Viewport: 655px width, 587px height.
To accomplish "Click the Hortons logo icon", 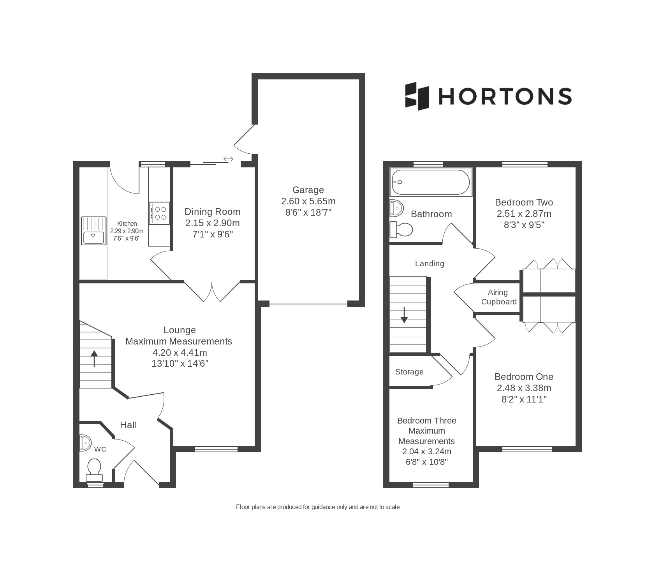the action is coord(417,96).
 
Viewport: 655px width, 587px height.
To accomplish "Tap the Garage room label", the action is coord(308,190).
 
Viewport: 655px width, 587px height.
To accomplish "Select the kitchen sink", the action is coord(93,230).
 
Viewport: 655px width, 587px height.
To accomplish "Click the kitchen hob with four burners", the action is coord(159,213).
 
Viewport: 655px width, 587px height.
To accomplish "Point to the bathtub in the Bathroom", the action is coord(431,182).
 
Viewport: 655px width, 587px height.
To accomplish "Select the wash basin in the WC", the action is coord(85,443).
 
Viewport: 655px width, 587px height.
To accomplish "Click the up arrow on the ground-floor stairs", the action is coord(94,359).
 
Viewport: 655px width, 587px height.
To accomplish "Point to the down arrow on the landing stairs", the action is coord(404,315).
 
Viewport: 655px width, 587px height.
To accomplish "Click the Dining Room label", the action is coord(213,212).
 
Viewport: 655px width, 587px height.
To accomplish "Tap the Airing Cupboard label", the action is coord(499,297).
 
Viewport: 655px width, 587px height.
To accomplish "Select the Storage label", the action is coord(409,372).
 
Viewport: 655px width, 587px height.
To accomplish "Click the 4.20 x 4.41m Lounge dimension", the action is coord(180,353).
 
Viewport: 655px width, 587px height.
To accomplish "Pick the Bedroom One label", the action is coord(524,377).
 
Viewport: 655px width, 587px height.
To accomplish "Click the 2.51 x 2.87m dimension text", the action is coord(524,214).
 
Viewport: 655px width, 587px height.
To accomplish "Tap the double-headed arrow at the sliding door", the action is coord(228,159).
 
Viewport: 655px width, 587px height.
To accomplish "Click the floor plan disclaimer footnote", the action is coord(318,507).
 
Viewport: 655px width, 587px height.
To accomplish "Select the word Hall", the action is coord(128,425).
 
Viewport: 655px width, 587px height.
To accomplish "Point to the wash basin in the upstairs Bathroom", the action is coord(396,208).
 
